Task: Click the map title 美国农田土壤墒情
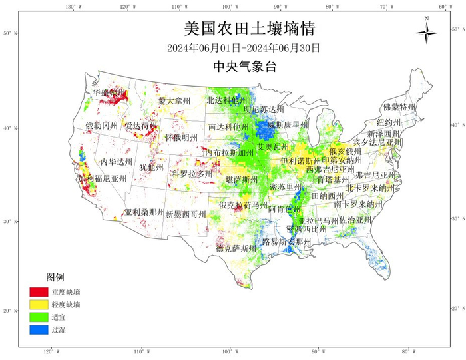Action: tap(248, 29)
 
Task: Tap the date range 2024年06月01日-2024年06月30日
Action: tap(244, 48)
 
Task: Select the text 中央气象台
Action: tap(244, 66)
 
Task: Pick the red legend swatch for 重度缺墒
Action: tap(38, 291)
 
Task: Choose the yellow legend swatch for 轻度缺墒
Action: tap(38, 304)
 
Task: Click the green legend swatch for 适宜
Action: tap(38, 317)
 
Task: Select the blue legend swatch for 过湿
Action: tap(38, 329)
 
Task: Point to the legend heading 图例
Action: tap(55, 277)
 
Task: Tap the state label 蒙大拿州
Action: tap(174, 101)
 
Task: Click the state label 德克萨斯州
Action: tap(236, 248)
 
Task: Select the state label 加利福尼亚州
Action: tap(103, 178)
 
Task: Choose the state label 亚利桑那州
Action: tap(144, 212)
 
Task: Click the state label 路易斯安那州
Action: tap(286, 242)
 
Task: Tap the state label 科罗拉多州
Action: tap(192, 174)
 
